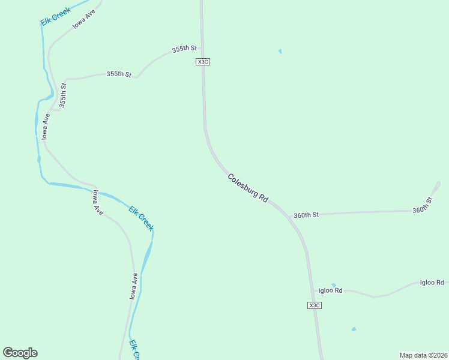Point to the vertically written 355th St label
[x=64, y=95]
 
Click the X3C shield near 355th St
[x=202, y=62]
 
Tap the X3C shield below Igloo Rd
[x=315, y=305]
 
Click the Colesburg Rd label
[x=248, y=188]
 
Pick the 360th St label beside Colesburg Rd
[x=306, y=215]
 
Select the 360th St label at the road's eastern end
[x=423, y=205]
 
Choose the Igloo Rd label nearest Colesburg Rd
[x=330, y=290]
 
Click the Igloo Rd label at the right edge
[x=432, y=283]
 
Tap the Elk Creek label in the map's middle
[x=142, y=218]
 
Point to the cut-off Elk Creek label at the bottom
[x=135, y=350]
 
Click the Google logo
[x=20, y=353]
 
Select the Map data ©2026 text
[x=423, y=355]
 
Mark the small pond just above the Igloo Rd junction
[x=334, y=285]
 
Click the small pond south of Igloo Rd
[x=354, y=329]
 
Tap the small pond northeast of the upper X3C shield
[x=280, y=51]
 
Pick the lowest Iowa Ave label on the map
[x=135, y=286]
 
